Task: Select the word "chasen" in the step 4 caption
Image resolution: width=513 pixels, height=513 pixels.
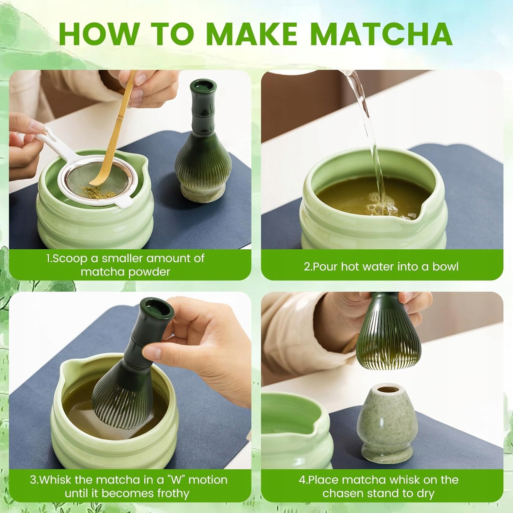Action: point(343,494)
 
